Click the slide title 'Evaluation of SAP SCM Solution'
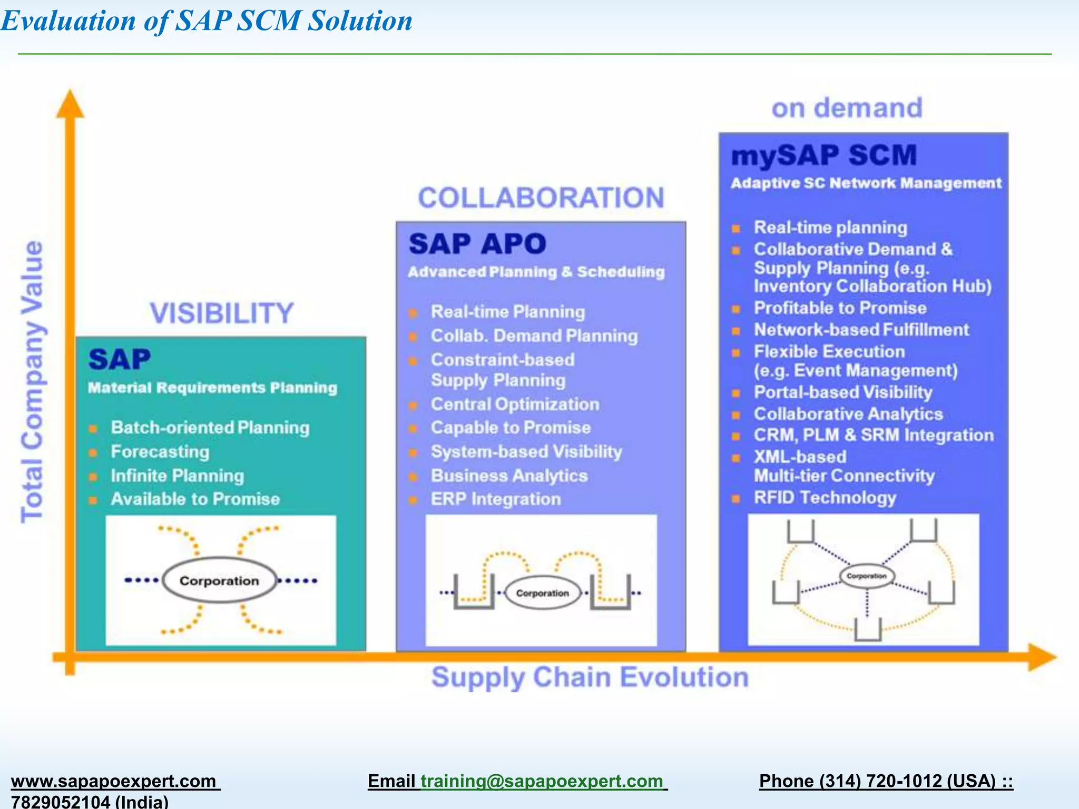pos(207,21)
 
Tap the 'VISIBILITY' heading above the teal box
pos(221,313)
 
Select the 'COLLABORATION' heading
pos(541,199)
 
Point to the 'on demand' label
pos(847,108)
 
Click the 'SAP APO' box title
pos(477,244)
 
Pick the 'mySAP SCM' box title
pos(824,156)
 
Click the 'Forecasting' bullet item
pos(160,452)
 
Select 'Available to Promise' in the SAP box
pos(195,499)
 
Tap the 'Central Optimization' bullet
pos(515,404)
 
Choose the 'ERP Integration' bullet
pos(496,499)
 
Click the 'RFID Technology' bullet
pos(825,498)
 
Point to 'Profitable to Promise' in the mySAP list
pos(840,308)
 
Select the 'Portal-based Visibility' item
pos(843,392)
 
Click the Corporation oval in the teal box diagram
pos(219,580)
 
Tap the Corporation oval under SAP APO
pos(542,593)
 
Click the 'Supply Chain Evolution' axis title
pos(590,678)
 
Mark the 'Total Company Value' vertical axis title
pos(32,382)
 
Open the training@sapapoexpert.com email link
pos(542,781)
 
